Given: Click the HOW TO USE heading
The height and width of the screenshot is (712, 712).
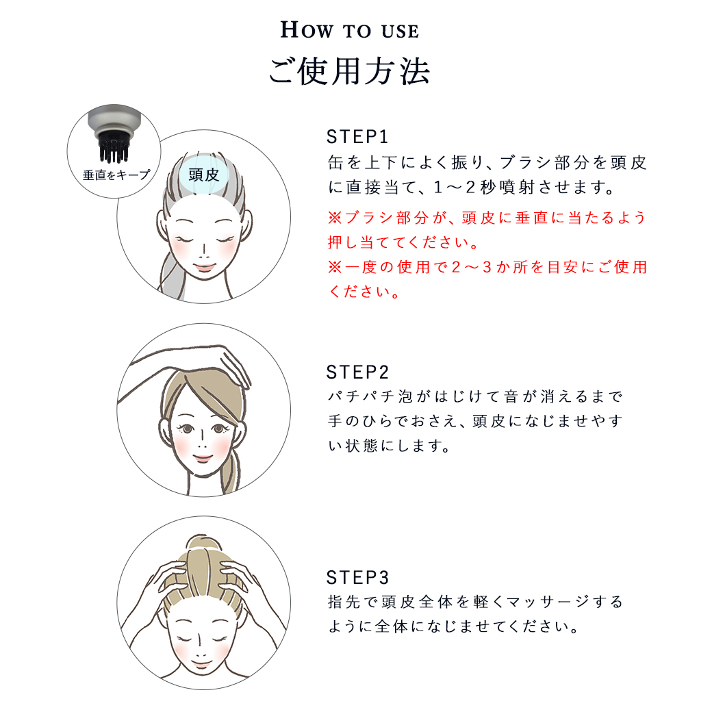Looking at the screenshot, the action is [349, 30].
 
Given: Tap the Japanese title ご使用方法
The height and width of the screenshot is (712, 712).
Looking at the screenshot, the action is [349, 72].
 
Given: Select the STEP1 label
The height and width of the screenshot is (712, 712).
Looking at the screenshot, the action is [357, 137].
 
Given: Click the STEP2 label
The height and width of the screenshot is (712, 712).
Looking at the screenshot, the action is [357, 372].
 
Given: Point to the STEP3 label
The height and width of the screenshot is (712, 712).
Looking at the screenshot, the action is [357, 578].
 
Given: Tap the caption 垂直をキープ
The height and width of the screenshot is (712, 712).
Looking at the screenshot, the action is [116, 175].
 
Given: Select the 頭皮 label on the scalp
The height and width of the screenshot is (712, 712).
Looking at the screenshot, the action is [204, 175].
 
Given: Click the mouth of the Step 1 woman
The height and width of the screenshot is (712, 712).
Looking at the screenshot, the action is [204, 267].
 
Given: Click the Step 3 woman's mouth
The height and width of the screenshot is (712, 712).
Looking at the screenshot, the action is [202, 665].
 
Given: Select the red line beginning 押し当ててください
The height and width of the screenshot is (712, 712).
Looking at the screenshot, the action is [403, 242].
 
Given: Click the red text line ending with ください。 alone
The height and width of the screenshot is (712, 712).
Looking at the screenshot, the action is [364, 292].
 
